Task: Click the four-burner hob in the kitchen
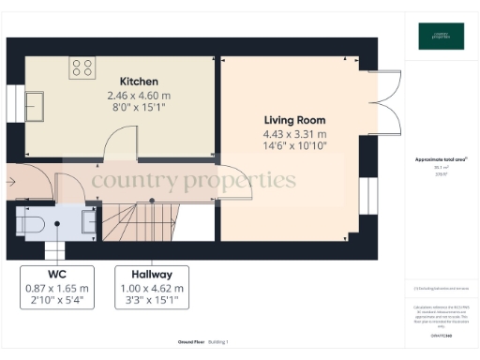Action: [x=81, y=67]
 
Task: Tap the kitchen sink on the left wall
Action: [x=36, y=100]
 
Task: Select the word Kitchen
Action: [x=139, y=82]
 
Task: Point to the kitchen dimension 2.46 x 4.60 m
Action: [x=139, y=96]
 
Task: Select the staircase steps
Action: [x=131, y=223]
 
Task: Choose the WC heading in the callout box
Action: [x=57, y=275]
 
